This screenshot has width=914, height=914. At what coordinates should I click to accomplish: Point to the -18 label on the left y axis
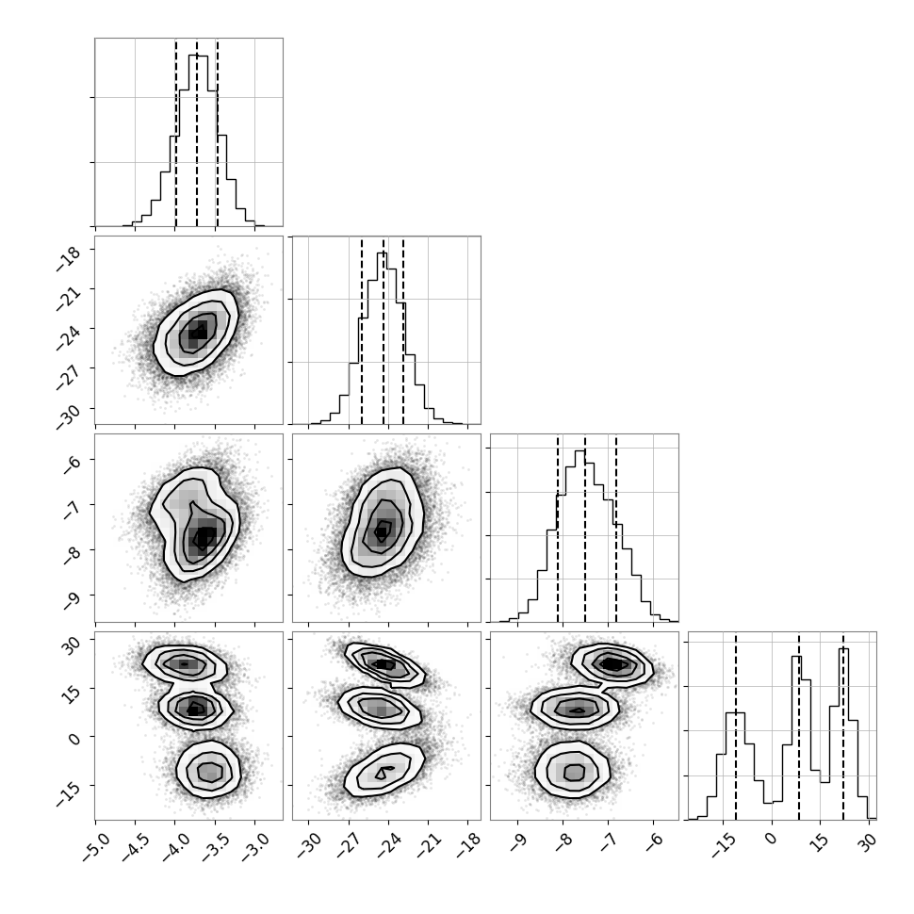68,259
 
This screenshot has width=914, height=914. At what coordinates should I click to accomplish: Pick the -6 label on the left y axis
72,465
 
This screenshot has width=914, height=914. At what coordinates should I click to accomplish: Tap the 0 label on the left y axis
74,739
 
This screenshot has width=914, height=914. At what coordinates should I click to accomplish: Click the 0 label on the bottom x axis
771,839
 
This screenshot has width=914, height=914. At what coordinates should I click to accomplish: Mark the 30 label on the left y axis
72,645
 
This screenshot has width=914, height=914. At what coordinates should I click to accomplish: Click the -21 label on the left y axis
68,299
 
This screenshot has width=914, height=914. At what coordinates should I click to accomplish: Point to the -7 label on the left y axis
72,510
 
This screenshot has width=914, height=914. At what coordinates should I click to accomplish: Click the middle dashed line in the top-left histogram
196,133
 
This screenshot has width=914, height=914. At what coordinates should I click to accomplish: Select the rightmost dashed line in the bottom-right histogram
843,726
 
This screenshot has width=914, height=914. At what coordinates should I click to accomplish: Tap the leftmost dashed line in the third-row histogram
558,529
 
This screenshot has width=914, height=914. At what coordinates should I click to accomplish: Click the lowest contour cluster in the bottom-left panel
208,770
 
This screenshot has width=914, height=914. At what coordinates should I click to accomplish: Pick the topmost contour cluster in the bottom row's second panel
384,664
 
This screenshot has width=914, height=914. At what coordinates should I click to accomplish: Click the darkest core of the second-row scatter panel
198,332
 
